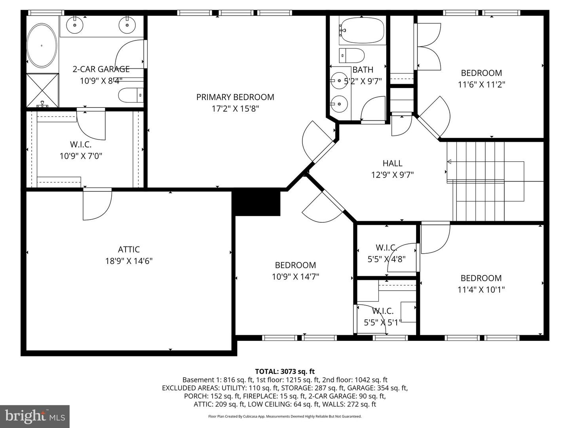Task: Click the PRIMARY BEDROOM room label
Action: (x=235, y=97)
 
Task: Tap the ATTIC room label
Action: (x=129, y=249)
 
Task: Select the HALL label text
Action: (x=392, y=163)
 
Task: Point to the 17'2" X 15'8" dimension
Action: (x=235, y=109)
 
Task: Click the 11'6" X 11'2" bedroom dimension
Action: (x=481, y=84)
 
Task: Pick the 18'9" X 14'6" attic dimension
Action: (x=129, y=261)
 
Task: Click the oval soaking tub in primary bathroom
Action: (x=42, y=46)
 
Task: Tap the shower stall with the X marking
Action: (x=42, y=90)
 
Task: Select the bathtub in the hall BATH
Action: (x=362, y=30)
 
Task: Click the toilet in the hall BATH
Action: (x=352, y=55)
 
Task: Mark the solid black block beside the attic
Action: (x=257, y=203)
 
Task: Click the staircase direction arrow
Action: (x=449, y=161)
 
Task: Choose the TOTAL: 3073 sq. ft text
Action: (x=285, y=371)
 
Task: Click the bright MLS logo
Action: (x=35, y=416)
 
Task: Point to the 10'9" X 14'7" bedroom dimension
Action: (x=295, y=277)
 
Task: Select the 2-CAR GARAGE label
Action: (x=101, y=69)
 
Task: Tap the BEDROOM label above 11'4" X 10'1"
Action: (x=481, y=278)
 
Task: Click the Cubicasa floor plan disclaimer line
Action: (x=285, y=417)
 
